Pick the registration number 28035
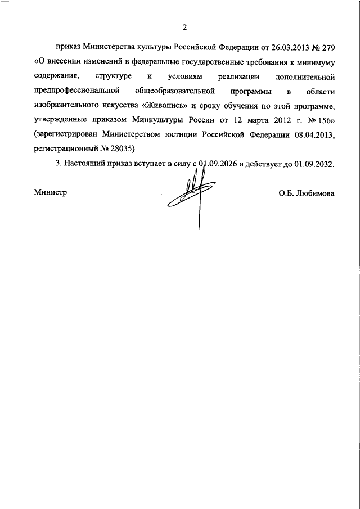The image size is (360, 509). [120, 150]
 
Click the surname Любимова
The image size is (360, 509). [313, 193]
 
